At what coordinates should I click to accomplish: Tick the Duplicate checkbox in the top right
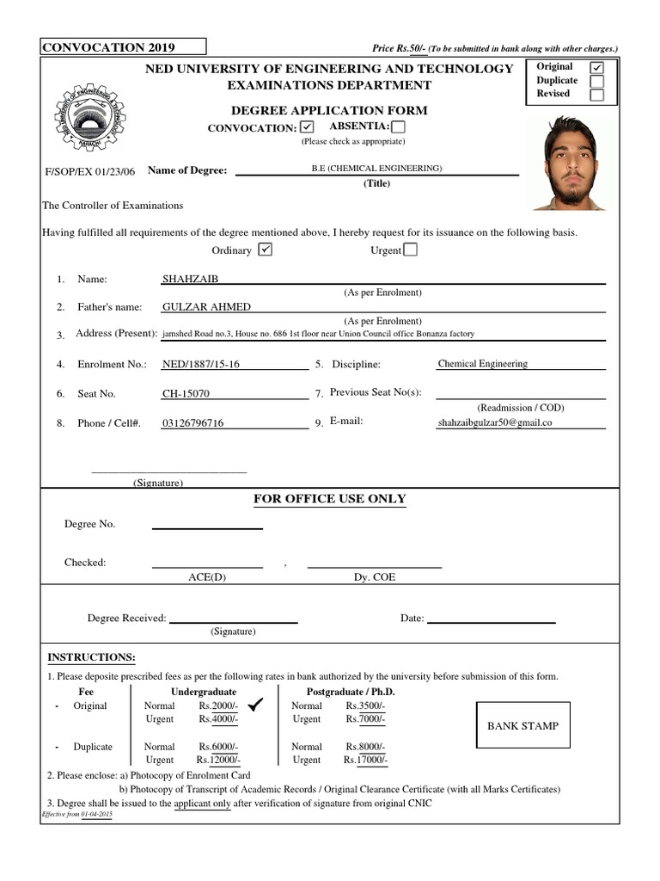596,81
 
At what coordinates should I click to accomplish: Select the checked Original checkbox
596,67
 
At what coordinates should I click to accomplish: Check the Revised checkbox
596,95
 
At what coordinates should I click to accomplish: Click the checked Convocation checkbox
308,127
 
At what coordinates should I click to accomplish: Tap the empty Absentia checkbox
398,127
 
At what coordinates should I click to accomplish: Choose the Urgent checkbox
410,250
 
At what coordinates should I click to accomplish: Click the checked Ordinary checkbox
265,250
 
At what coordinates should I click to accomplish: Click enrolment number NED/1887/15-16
201,364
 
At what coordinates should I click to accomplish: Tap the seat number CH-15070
186,394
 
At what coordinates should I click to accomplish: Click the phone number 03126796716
192,423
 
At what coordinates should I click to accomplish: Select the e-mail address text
494,423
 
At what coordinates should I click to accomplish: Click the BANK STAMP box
522,725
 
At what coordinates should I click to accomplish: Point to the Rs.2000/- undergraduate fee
218,705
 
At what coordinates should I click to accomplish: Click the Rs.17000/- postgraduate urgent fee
366,760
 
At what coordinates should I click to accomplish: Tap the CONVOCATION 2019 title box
124,46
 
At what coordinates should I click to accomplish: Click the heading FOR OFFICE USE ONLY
329,499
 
